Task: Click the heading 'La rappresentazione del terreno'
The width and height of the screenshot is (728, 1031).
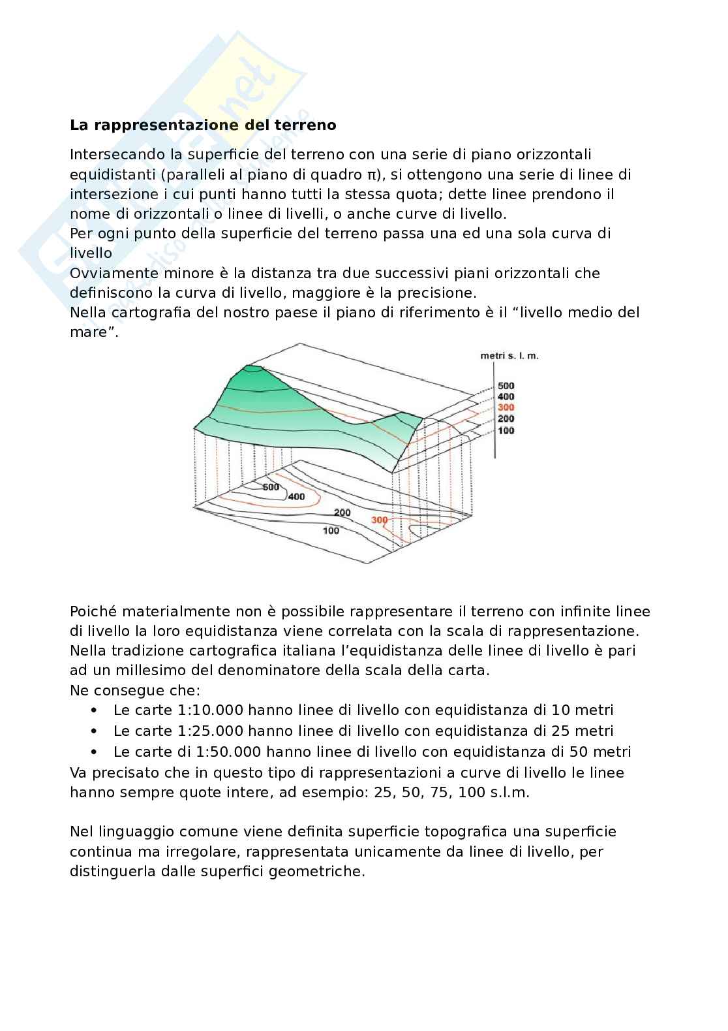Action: [x=203, y=125]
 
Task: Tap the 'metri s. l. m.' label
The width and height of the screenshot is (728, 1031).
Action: [x=509, y=356]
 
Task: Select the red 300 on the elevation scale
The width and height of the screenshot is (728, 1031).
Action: [x=506, y=407]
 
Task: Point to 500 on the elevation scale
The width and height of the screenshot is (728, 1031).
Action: [x=506, y=386]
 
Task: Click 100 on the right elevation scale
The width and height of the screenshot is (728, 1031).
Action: [x=506, y=430]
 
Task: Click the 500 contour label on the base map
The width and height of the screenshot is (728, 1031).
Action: [x=271, y=487]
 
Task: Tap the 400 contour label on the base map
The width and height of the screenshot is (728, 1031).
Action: [x=296, y=497]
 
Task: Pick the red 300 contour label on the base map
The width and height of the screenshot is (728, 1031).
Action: [x=379, y=520]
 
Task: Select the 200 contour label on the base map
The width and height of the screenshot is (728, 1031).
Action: [x=342, y=513]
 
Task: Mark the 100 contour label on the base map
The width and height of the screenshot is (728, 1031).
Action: [x=331, y=531]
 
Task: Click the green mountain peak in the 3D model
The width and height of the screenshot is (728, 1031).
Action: [x=254, y=373]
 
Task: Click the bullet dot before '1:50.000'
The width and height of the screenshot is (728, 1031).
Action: [x=95, y=752]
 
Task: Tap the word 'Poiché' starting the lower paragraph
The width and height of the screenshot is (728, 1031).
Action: [x=93, y=612]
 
